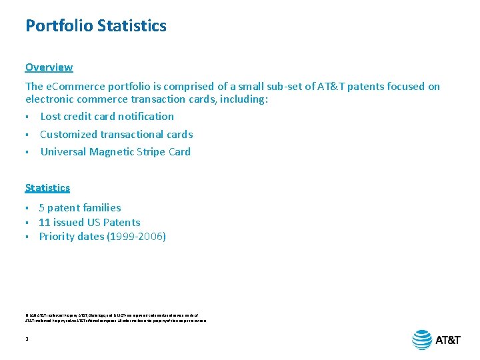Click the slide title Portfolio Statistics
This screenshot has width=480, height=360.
[96, 26]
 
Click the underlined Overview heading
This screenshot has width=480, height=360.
[49, 67]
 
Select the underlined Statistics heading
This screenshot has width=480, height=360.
[47, 188]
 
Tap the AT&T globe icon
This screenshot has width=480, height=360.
[422, 339]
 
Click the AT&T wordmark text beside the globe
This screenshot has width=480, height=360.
[448, 340]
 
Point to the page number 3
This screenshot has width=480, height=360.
[27, 339]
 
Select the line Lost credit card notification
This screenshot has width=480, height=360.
[107, 117]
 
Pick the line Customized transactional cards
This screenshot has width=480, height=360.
[116, 134]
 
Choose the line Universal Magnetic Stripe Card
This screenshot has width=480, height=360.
[115, 152]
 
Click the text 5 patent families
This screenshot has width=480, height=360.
[80, 208]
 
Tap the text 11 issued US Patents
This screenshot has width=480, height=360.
[89, 222]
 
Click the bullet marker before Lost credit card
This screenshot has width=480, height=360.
[27, 117]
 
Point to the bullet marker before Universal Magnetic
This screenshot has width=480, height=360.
[27, 153]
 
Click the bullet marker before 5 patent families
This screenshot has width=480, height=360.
[27, 209]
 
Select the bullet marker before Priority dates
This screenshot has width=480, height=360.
[27, 237]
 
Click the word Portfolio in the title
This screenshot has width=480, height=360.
[59, 26]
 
